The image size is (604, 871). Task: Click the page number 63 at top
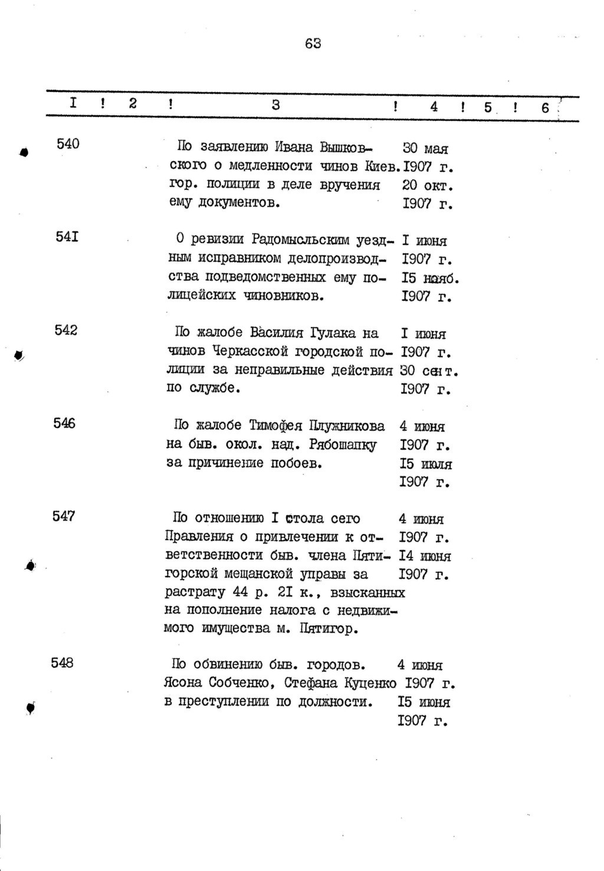point(313,43)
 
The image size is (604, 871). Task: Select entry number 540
point(68,143)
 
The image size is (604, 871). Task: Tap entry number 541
point(67,237)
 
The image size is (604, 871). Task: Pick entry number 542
point(66,330)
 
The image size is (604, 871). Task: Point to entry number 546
point(64,423)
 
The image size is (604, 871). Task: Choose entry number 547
point(64,516)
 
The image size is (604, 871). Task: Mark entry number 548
point(63,663)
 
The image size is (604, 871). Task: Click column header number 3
point(276,106)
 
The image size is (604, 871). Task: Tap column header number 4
point(434,107)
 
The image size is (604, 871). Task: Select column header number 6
point(545,108)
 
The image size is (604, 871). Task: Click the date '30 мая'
point(425,149)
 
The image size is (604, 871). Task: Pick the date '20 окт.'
point(427,185)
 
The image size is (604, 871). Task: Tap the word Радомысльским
point(301,240)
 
